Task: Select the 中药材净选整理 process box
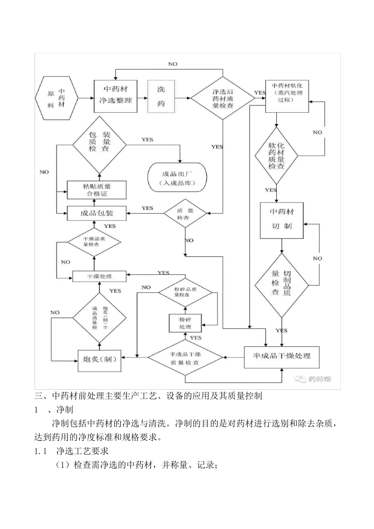(115, 96)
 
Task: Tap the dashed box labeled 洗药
(161, 96)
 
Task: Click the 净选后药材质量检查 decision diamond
(223, 98)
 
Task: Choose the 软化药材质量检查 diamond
(276, 155)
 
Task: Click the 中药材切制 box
(281, 220)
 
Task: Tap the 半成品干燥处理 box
(281, 357)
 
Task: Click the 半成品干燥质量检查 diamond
(185, 358)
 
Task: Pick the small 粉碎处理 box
(185, 323)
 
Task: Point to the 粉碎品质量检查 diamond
(185, 292)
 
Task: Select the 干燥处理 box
(99, 276)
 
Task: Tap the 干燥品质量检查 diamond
(94, 241)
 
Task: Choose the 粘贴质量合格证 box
(96, 190)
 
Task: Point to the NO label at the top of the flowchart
(172, 64)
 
